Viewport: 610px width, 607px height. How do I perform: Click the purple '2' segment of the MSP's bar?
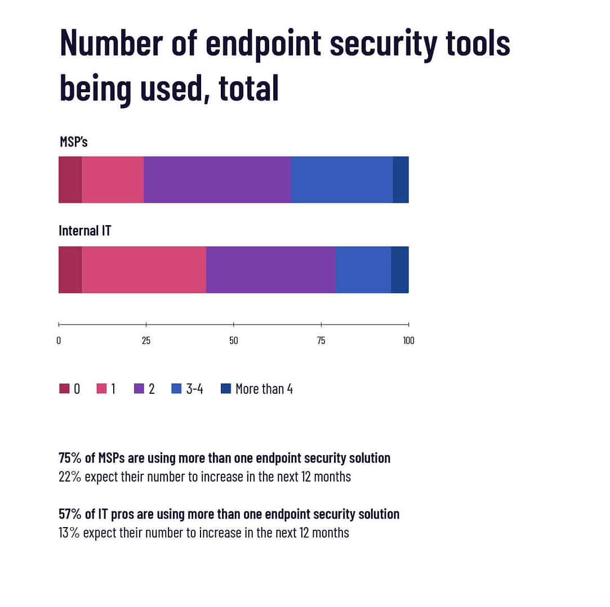[x=217, y=179]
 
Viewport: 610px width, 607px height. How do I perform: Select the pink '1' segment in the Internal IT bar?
[x=144, y=269]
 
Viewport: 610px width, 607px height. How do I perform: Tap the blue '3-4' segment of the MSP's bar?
[x=341, y=179]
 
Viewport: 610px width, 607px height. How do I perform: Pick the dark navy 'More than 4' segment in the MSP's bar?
[x=400, y=179]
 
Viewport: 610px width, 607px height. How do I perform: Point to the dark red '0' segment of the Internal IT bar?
[x=70, y=269]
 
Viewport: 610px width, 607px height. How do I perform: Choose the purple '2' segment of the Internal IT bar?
[x=270, y=269]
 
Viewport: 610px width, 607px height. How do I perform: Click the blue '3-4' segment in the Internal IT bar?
[x=363, y=269]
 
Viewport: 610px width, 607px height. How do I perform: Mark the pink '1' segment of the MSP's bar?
[x=113, y=179]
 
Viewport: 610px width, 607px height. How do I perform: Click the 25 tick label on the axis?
[x=146, y=341]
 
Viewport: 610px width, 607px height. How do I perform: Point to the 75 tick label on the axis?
[x=321, y=341]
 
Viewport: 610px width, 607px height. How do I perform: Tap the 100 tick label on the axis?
[x=408, y=341]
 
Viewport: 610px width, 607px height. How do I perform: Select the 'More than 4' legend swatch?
[x=226, y=389]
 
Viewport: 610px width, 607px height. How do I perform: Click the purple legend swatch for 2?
[x=139, y=389]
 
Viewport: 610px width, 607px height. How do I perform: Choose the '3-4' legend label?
[x=194, y=389]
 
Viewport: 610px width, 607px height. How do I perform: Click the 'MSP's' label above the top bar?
[x=74, y=142]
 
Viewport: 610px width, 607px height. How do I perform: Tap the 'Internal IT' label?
[x=85, y=231]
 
